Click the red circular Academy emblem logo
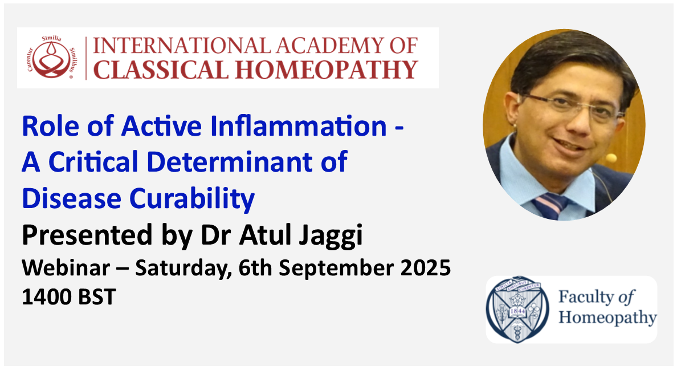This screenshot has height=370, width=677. (x=51, y=58)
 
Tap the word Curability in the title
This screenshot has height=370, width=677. (x=191, y=199)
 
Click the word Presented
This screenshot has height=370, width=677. (x=87, y=235)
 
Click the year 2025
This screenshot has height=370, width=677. (x=425, y=268)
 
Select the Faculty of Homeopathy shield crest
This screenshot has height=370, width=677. (x=517, y=308)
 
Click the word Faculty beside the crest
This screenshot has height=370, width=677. (x=586, y=297)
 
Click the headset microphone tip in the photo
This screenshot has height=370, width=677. (x=611, y=158)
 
